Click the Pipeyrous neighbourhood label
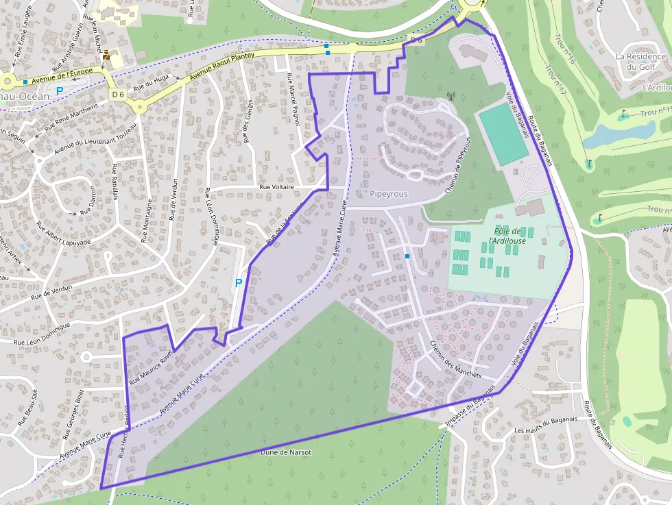coord(389,194)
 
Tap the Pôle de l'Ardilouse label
coord(507,236)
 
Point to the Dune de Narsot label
coord(286,452)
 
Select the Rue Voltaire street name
coord(276,186)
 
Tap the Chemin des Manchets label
coord(456,359)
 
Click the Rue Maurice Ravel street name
coord(149,366)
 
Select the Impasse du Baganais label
coord(470,409)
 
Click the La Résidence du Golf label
coord(640,62)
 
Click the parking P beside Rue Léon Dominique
coord(239,282)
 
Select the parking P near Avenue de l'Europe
coord(60,90)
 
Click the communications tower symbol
coord(451,96)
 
